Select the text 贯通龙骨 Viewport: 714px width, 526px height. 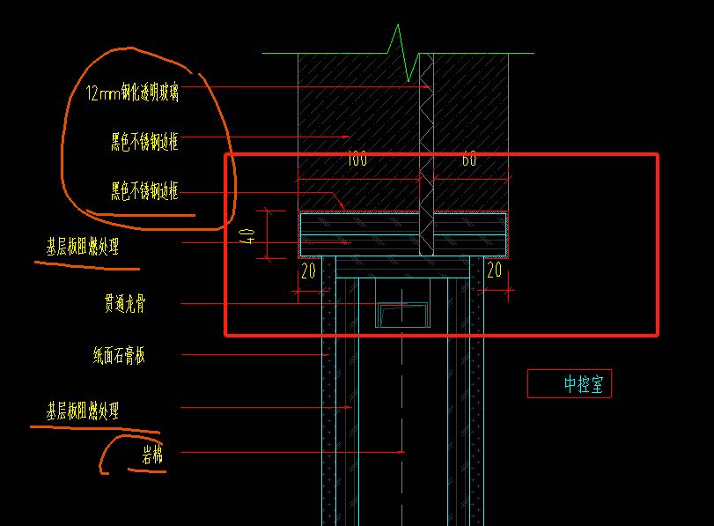coord(125,305)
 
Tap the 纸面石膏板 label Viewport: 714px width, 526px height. coord(119,356)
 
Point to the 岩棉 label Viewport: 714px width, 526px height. coord(151,455)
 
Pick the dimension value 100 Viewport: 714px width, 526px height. coord(357,159)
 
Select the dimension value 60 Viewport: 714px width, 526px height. coord(469,159)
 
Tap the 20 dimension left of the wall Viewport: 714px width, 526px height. coord(308,271)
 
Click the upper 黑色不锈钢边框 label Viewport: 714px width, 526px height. coord(144,142)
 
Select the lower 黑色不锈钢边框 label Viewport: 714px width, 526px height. coord(144,190)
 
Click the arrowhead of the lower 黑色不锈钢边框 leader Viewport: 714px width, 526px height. coord(340,205)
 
